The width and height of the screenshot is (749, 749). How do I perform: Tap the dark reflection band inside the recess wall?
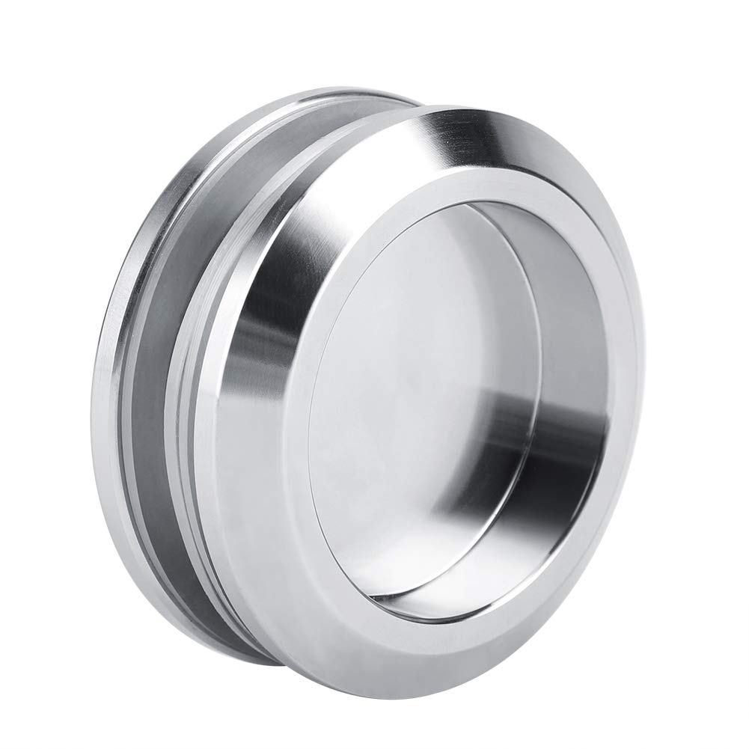[x=516, y=419]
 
